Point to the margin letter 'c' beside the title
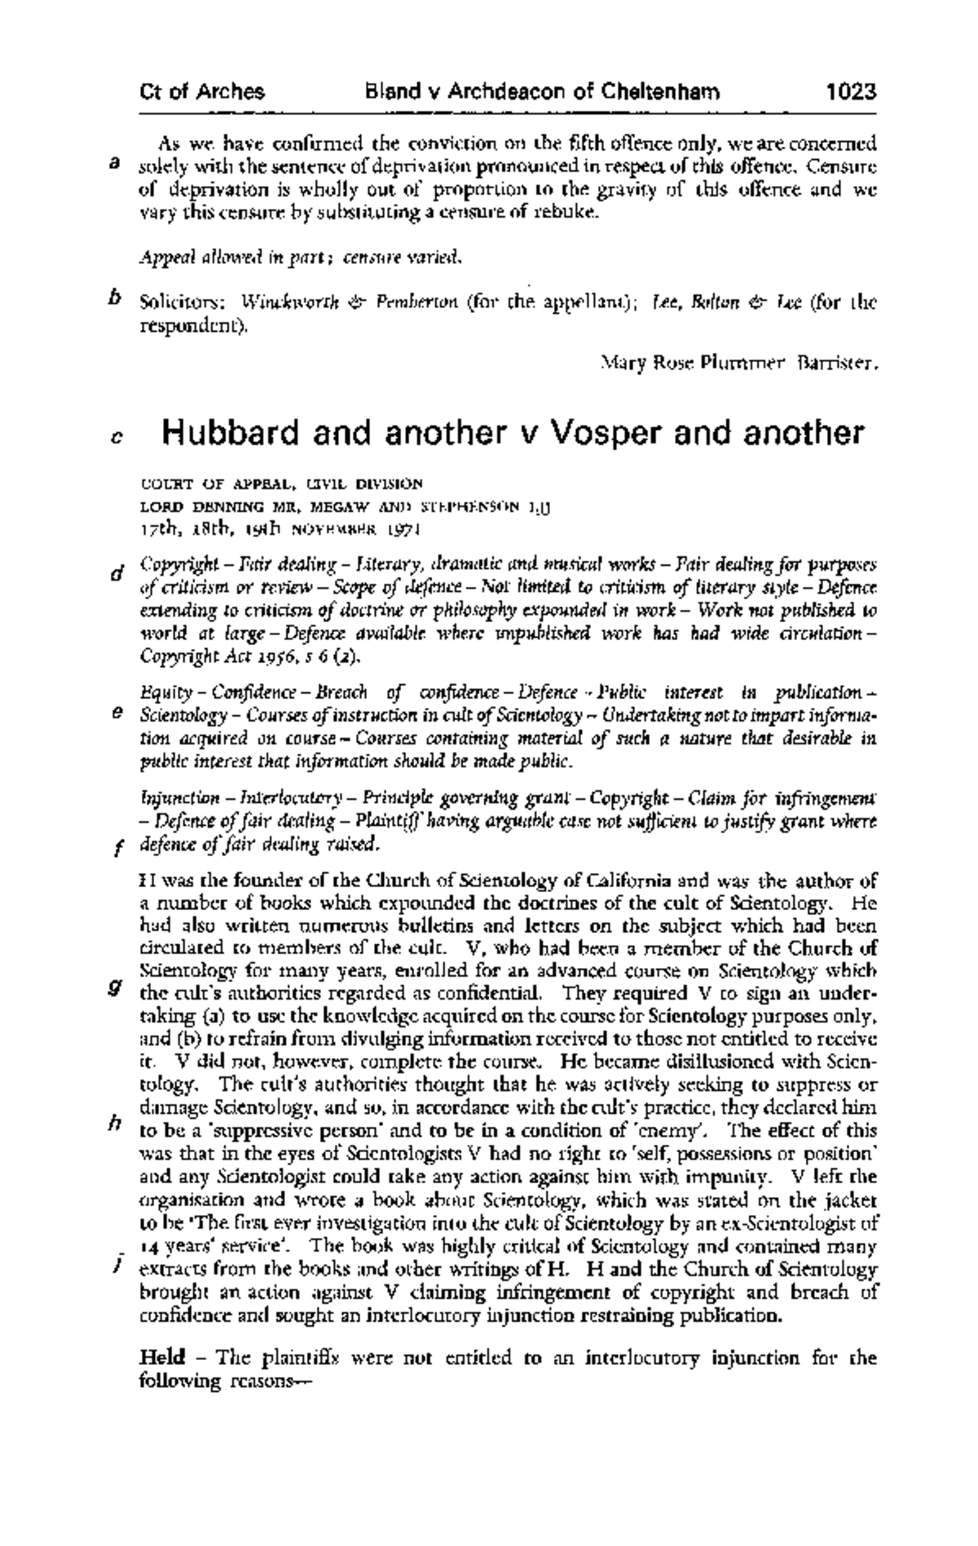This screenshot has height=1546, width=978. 116,438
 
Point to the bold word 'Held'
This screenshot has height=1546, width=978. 164,1358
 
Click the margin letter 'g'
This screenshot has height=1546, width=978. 115,987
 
